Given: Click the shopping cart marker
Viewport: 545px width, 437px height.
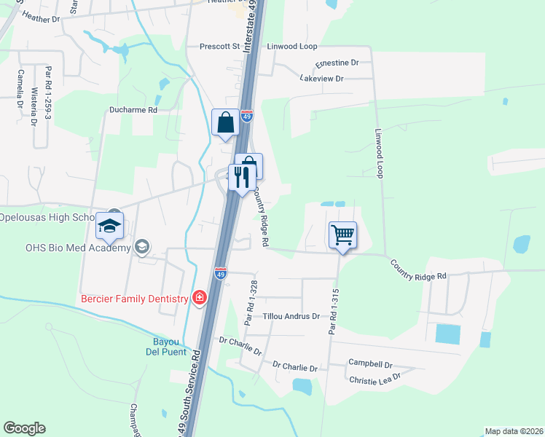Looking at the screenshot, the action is [342, 235].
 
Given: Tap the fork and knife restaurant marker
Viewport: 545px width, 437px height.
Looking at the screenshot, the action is [242, 177].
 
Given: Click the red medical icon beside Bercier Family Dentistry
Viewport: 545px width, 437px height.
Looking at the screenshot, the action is [198, 297].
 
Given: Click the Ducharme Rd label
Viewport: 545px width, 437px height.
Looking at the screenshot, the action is [133, 110].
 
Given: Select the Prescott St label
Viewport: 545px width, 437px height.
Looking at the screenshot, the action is [220, 47].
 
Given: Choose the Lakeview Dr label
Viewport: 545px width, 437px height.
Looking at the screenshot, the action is [321, 78].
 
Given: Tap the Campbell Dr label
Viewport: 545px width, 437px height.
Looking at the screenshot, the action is [370, 363].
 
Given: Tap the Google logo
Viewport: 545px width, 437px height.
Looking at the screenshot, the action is [24, 428].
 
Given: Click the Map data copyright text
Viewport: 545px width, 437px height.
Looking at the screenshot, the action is [514, 430].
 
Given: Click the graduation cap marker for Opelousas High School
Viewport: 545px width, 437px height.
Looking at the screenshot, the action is [110, 227].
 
